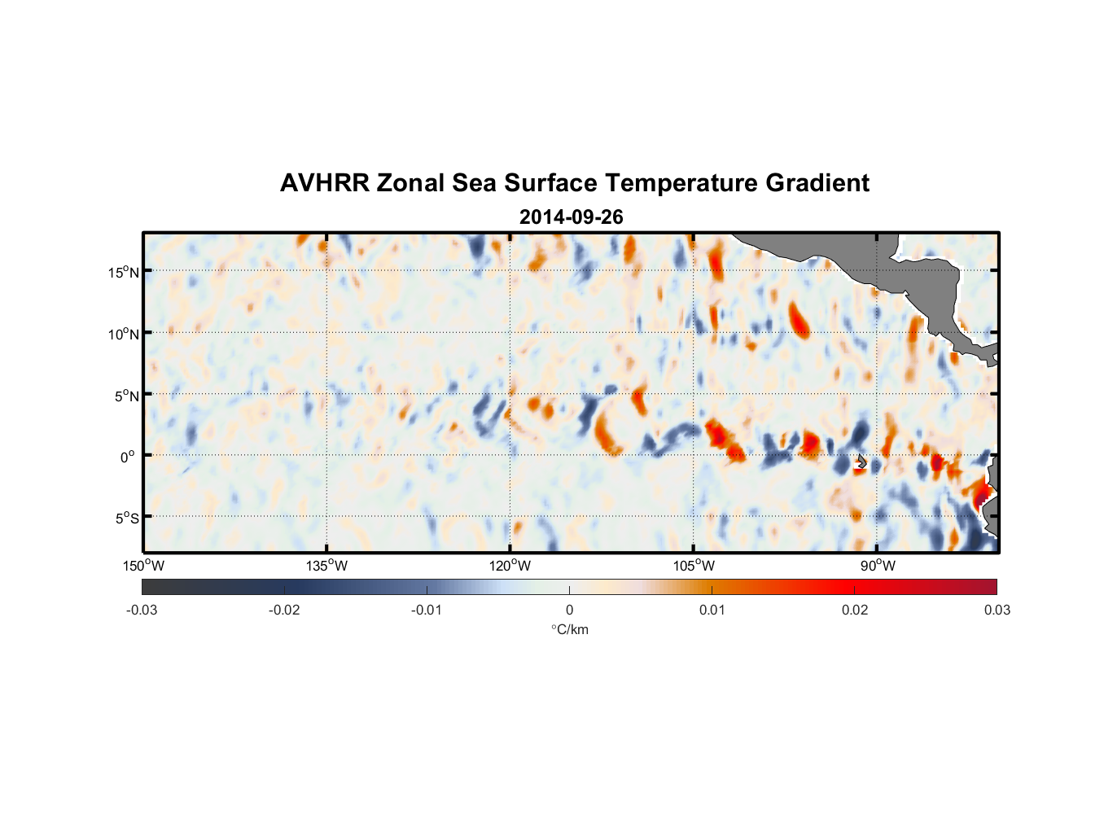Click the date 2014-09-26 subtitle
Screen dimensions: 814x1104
[x=571, y=217]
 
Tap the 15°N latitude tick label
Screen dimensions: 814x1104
[x=123, y=272]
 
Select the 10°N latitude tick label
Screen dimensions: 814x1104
[x=123, y=334]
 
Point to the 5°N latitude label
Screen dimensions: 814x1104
[x=125, y=396]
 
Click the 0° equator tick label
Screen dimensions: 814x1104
[x=128, y=457]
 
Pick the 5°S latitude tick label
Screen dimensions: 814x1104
[x=125, y=518]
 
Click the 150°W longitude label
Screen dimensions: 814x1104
[x=144, y=566]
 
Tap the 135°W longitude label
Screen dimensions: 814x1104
[x=327, y=566]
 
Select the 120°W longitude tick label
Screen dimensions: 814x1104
[x=510, y=566]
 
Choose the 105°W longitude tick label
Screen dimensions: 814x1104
[x=694, y=566]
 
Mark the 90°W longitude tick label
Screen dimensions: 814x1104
[x=878, y=566]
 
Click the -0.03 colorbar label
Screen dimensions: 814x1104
[x=142, y=610]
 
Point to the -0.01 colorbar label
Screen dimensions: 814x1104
[x=427, y=610]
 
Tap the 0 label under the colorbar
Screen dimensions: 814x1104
[x=569, y=610]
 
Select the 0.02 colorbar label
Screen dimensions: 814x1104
[x=855, y=610]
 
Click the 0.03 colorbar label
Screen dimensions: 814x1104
[x=997, y=610]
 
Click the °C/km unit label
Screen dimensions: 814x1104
[x=569, y=629]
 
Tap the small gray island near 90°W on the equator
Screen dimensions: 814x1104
[x=861, y=461]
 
